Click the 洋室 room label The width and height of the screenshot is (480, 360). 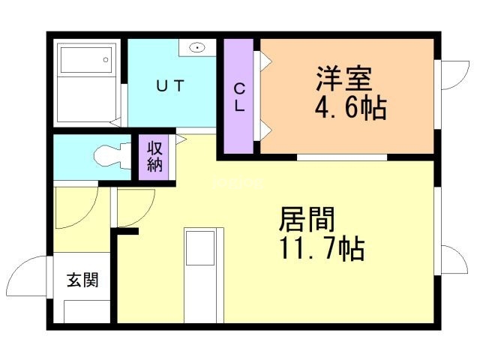pyautogui.click(x=344, y=78)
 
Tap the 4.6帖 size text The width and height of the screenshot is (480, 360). pyautogui.click(x=349, y=109)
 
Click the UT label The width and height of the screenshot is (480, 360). pyautogui.click(x=169, y=86)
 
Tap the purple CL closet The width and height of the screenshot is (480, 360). pyautogui.click(x=239, y=97)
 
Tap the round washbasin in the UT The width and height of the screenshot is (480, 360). pyautogui.click(x=197, y=47)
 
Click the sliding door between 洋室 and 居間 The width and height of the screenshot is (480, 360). pyautogui.click(x=341, y=157)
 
